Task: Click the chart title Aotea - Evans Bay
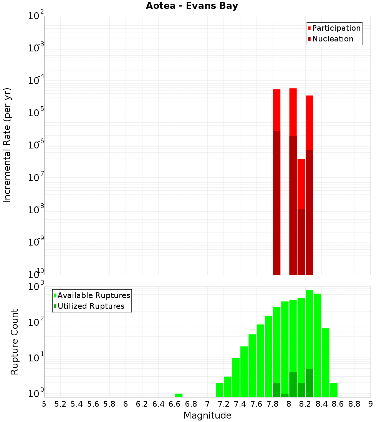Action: [192, 6]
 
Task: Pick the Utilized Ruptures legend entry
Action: [91, 307]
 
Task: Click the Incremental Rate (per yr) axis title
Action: [7, 145]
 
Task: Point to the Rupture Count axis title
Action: [15, 342]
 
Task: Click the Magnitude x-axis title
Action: [207, 415]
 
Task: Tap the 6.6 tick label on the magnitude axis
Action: [175, 404]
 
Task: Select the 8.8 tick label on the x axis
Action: [354, 404]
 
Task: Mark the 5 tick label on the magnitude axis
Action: [44, 404]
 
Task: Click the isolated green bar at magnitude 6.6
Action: [179, 395]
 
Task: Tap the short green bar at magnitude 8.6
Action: [334, 390]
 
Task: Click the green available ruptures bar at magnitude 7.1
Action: [220, 390]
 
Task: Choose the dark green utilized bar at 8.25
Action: [310, 382]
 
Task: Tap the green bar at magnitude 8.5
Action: [326, 363]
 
